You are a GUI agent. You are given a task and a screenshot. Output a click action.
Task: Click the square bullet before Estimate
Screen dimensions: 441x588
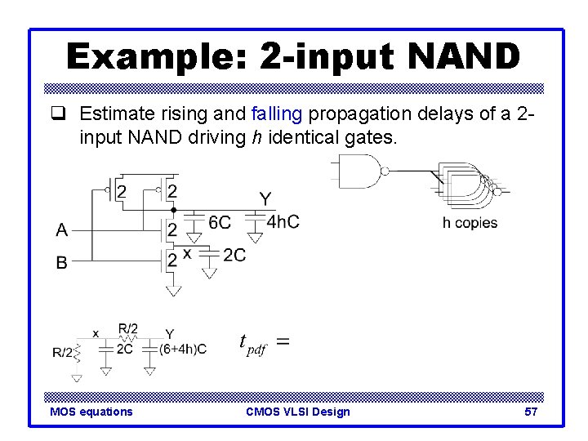tap(65, 114)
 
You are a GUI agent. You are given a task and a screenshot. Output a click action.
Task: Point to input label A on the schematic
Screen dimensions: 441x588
tap(62, 230)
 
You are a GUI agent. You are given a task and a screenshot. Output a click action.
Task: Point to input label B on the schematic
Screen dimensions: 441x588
tap(62, 263)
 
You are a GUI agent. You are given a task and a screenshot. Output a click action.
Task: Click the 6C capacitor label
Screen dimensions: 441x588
tap(220, 223)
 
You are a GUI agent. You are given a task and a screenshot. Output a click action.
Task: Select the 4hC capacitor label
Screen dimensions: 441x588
tap(283, 220)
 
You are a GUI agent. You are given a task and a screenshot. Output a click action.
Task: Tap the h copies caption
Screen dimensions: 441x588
tap(470, 223)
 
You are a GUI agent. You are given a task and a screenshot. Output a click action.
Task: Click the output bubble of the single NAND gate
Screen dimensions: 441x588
tap(385, 171)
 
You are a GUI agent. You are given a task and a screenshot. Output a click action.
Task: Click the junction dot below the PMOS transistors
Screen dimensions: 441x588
tap(173, 210)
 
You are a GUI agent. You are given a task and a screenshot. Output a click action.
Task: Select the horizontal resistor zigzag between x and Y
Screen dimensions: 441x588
tap(127, 336)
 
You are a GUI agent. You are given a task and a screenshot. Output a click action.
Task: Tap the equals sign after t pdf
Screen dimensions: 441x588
tap(283, 341)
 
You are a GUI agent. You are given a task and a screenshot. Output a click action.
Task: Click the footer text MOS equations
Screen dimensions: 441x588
tap(91, 412)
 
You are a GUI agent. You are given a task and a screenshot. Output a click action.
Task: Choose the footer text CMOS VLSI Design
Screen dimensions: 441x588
tap(297, 412)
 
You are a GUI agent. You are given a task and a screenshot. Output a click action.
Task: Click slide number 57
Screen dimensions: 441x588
tap(531, 412)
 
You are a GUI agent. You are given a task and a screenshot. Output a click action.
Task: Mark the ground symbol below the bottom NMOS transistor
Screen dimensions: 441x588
tap(173, 290)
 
